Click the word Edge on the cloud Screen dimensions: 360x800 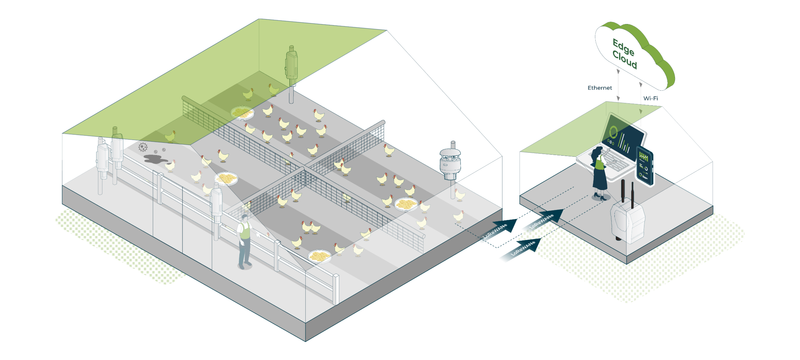click(x=623, y=47)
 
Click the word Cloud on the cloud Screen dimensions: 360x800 click(x=625, y=60)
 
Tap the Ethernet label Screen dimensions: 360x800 click(x=600, y=88)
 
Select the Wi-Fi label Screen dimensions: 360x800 click(x=650, y=98)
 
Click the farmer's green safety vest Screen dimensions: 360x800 click(x=245, y=230)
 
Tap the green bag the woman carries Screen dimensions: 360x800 click(x=599, y=164)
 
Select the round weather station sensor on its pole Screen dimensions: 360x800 click(x=450, y=162)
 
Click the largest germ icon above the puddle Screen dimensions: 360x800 click(x=143, y=147)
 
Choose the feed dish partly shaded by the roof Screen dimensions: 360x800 click(x=242, y=113)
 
